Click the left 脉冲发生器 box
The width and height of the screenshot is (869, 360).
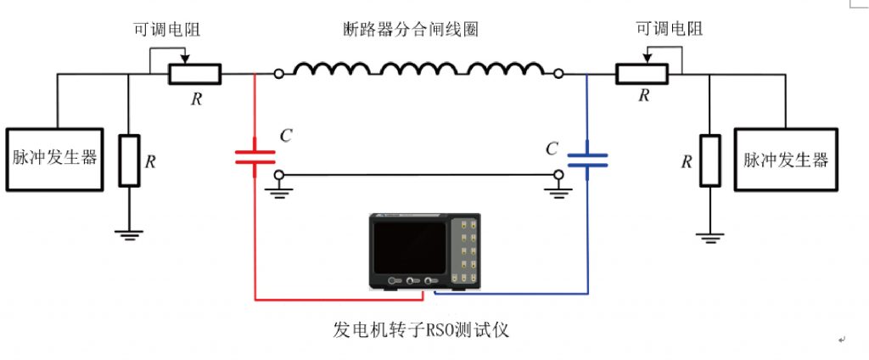pos(53,159)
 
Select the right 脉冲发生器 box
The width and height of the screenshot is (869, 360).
pos(786,159)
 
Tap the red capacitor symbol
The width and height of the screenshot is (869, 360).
pos(255,156)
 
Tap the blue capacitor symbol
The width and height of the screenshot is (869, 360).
pos(587,158)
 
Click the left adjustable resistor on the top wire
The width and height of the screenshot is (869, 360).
pos(194,75)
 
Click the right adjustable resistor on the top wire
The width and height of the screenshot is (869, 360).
pos(642,75)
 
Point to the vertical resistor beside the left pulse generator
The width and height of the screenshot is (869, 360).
pos(129,160)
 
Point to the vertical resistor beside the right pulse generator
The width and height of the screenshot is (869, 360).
pos(709,160)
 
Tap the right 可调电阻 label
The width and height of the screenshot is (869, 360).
pos(670,29)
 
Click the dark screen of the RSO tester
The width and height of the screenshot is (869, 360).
pos(407,246)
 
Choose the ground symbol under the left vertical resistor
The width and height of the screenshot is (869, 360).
pos(129,234)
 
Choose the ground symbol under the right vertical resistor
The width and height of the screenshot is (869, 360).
pos(709,235)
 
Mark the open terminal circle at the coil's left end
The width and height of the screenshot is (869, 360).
pos(279,75)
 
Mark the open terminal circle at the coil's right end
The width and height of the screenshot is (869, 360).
pos(558,75)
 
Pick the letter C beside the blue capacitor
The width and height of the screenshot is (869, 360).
pos(552,149)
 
